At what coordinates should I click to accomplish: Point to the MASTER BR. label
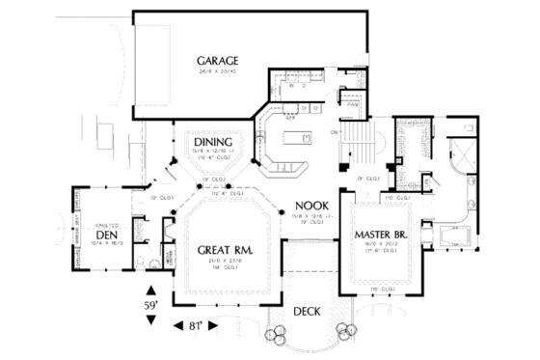point(378,234)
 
